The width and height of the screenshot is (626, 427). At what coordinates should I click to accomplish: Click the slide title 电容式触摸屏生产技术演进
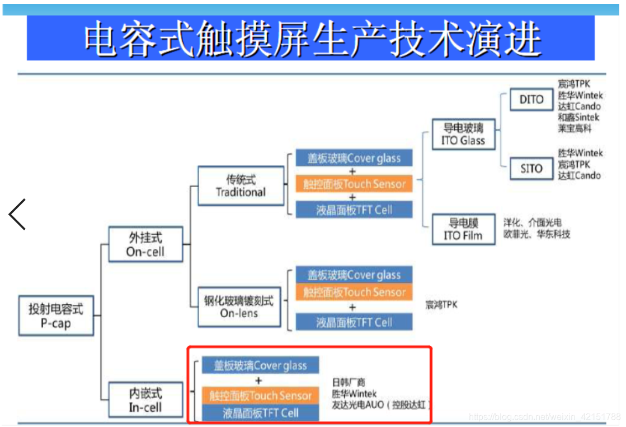311,39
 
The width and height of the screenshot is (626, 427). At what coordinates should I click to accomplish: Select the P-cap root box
55,315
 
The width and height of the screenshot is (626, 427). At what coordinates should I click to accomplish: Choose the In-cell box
145,400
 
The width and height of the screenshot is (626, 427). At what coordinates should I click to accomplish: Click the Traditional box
241,185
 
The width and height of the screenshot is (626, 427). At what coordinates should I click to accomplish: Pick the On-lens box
239,307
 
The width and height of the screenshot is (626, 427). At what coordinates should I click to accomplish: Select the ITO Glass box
463,134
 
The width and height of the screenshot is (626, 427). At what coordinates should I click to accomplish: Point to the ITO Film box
463,229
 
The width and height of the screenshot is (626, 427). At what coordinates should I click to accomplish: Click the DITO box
531,99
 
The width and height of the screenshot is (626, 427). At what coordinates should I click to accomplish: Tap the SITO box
531,168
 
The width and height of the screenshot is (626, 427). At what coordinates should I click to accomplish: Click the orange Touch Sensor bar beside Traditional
354,184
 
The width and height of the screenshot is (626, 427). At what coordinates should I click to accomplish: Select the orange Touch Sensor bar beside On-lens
354,292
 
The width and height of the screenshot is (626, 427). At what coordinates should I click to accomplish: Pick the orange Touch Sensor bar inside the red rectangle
261,396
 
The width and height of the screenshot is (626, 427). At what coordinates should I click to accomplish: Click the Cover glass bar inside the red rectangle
261,366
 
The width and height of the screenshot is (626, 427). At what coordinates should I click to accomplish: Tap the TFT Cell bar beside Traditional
354,210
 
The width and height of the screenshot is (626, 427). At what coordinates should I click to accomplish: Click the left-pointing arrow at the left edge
17,214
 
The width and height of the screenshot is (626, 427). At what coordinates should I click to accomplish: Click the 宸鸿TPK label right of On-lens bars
441,305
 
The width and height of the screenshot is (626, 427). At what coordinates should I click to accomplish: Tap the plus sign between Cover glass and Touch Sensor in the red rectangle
258,381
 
